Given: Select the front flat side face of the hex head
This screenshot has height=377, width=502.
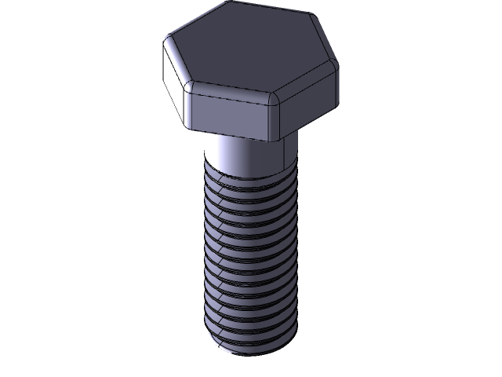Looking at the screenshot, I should click(x=232, y=115).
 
